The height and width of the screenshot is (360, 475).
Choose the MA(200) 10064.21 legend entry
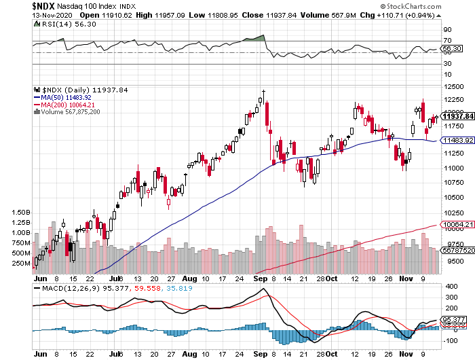(67, 105)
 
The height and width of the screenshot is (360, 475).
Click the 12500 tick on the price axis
(453, 87)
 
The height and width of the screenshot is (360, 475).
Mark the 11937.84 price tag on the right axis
(457, 117)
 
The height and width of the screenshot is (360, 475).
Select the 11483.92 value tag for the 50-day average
(457, 141)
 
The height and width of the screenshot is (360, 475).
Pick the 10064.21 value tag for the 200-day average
(457, 224)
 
